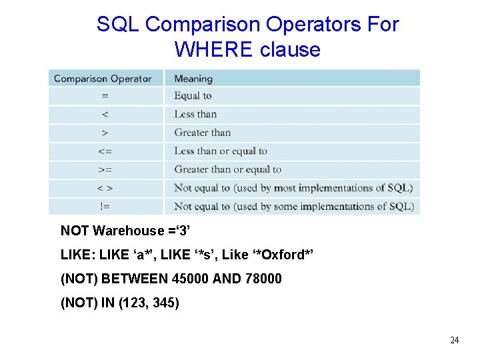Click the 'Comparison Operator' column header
(103, 79)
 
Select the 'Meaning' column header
(193, 79)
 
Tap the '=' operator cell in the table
(105, 96)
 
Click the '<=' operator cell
(105, 151)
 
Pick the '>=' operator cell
(105, 169)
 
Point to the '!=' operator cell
(105, 207)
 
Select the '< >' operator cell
(105, 188)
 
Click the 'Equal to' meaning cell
(193, 96)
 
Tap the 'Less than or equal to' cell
(221, 151)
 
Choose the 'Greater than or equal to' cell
(228, 169)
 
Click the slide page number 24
(454, 341)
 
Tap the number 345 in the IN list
(163, 302)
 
